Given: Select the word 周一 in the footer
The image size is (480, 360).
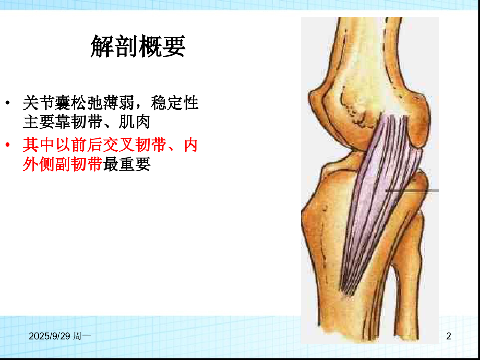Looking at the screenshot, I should pos(83,338).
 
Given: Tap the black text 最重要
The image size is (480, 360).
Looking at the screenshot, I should pos(127,165).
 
